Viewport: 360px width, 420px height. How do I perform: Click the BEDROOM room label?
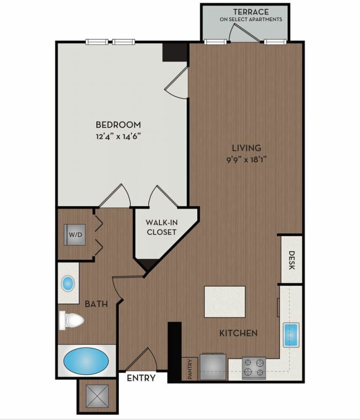(x=118, y=125)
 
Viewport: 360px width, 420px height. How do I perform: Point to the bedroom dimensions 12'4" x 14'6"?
(x=118, y=136)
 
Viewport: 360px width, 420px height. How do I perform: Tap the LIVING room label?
(x=246, y=148)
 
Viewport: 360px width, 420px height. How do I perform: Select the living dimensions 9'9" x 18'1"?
(x=246, y=160)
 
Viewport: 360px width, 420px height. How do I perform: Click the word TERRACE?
(x=250, y=12)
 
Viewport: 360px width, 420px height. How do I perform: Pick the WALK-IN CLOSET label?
(x=162, y=227)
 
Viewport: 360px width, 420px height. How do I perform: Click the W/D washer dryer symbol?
(x=75, y=235)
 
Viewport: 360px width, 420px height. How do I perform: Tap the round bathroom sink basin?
(x=68, y=284)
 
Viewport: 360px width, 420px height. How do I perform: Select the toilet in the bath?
(x=71, y=320)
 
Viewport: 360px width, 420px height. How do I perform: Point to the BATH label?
(x=96, y=304)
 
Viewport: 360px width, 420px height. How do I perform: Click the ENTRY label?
(x=141, y=378)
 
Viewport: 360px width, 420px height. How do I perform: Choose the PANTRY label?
(x=190, y=369)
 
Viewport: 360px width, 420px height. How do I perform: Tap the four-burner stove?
(x=254, y=368)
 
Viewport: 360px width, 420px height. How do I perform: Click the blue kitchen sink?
(x=291, y=335)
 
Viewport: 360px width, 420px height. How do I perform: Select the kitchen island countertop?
(x=225, y=302)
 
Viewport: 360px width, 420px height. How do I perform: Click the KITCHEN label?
(x=239, y=333)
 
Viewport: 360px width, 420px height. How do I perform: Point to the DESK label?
(x=292, y=260)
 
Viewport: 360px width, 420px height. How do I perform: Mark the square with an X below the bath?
(x=97, y=396)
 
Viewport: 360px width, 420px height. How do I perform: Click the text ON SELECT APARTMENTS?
(x=251, y=19)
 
